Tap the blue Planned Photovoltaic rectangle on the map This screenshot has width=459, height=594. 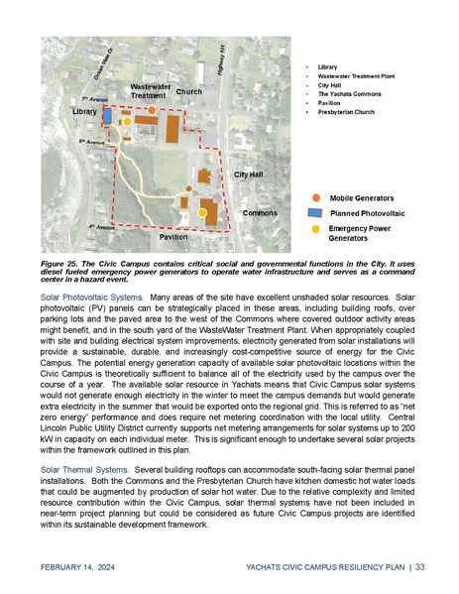click(107, 116)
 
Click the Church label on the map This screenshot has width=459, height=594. click(188, 91)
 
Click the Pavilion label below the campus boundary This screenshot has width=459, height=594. click(173, 238)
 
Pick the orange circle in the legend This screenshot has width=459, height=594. click(314, 198)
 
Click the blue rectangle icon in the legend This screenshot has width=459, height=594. click(314, 213)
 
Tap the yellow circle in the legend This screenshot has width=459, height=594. click(314, 228)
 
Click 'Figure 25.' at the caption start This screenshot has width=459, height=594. click(61, 265)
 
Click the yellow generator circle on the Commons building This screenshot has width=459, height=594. click(203, 212)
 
